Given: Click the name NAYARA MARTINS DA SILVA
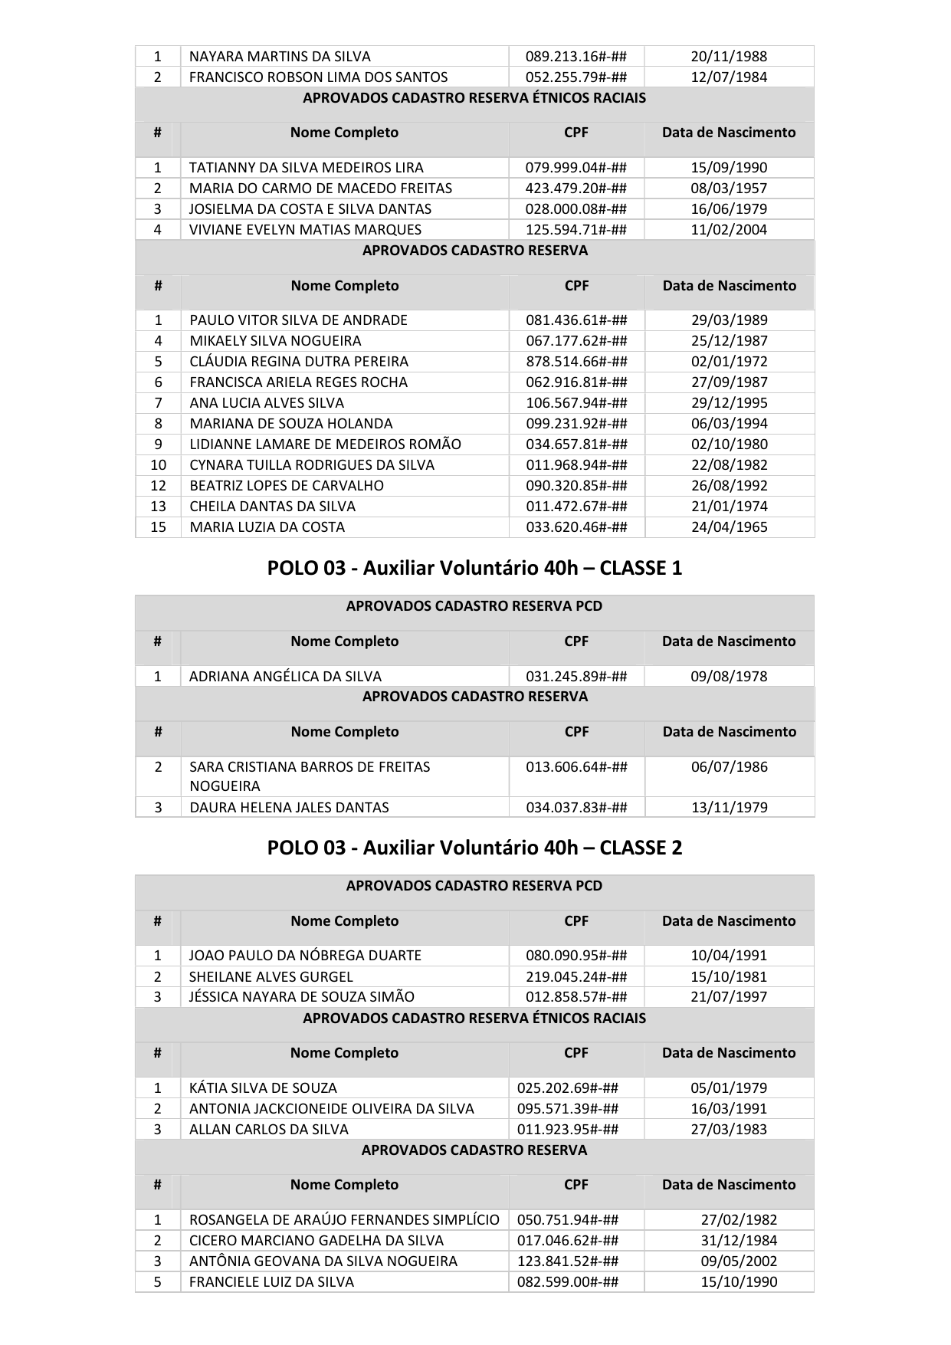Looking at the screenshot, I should coord(280,57).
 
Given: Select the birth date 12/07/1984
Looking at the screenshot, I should coord(729,77).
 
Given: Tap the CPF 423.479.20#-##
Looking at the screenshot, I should coord(576,189).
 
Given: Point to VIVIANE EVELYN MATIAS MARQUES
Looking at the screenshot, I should coord(305,230).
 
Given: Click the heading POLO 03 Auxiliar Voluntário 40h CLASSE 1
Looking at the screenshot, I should coord(474,568).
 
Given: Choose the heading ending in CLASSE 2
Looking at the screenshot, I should coord(474,848).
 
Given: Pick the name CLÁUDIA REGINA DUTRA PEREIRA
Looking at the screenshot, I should coord(299,362).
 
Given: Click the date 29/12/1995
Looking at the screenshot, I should coord(729,403).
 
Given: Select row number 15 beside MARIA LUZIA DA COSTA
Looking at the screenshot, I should coord(158,527).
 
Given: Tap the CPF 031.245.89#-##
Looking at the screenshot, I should coord(576,677).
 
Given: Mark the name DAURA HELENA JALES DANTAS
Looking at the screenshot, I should coord(289,808).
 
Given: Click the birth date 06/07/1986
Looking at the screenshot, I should coord(729,767).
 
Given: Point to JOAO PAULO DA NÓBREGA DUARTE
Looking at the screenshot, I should coord(305,956).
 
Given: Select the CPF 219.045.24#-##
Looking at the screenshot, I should coord(576,977).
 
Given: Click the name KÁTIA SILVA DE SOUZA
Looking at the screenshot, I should coord(263,1088).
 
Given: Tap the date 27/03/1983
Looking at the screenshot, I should coord(729,1130).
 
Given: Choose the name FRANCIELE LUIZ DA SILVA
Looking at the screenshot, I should coord(271,1282).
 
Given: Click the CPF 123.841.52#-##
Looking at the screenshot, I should coord(568,1261).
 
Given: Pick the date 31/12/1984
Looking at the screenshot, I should coord(739,1241).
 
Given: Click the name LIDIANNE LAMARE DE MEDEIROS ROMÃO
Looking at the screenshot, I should coord(325,445).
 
